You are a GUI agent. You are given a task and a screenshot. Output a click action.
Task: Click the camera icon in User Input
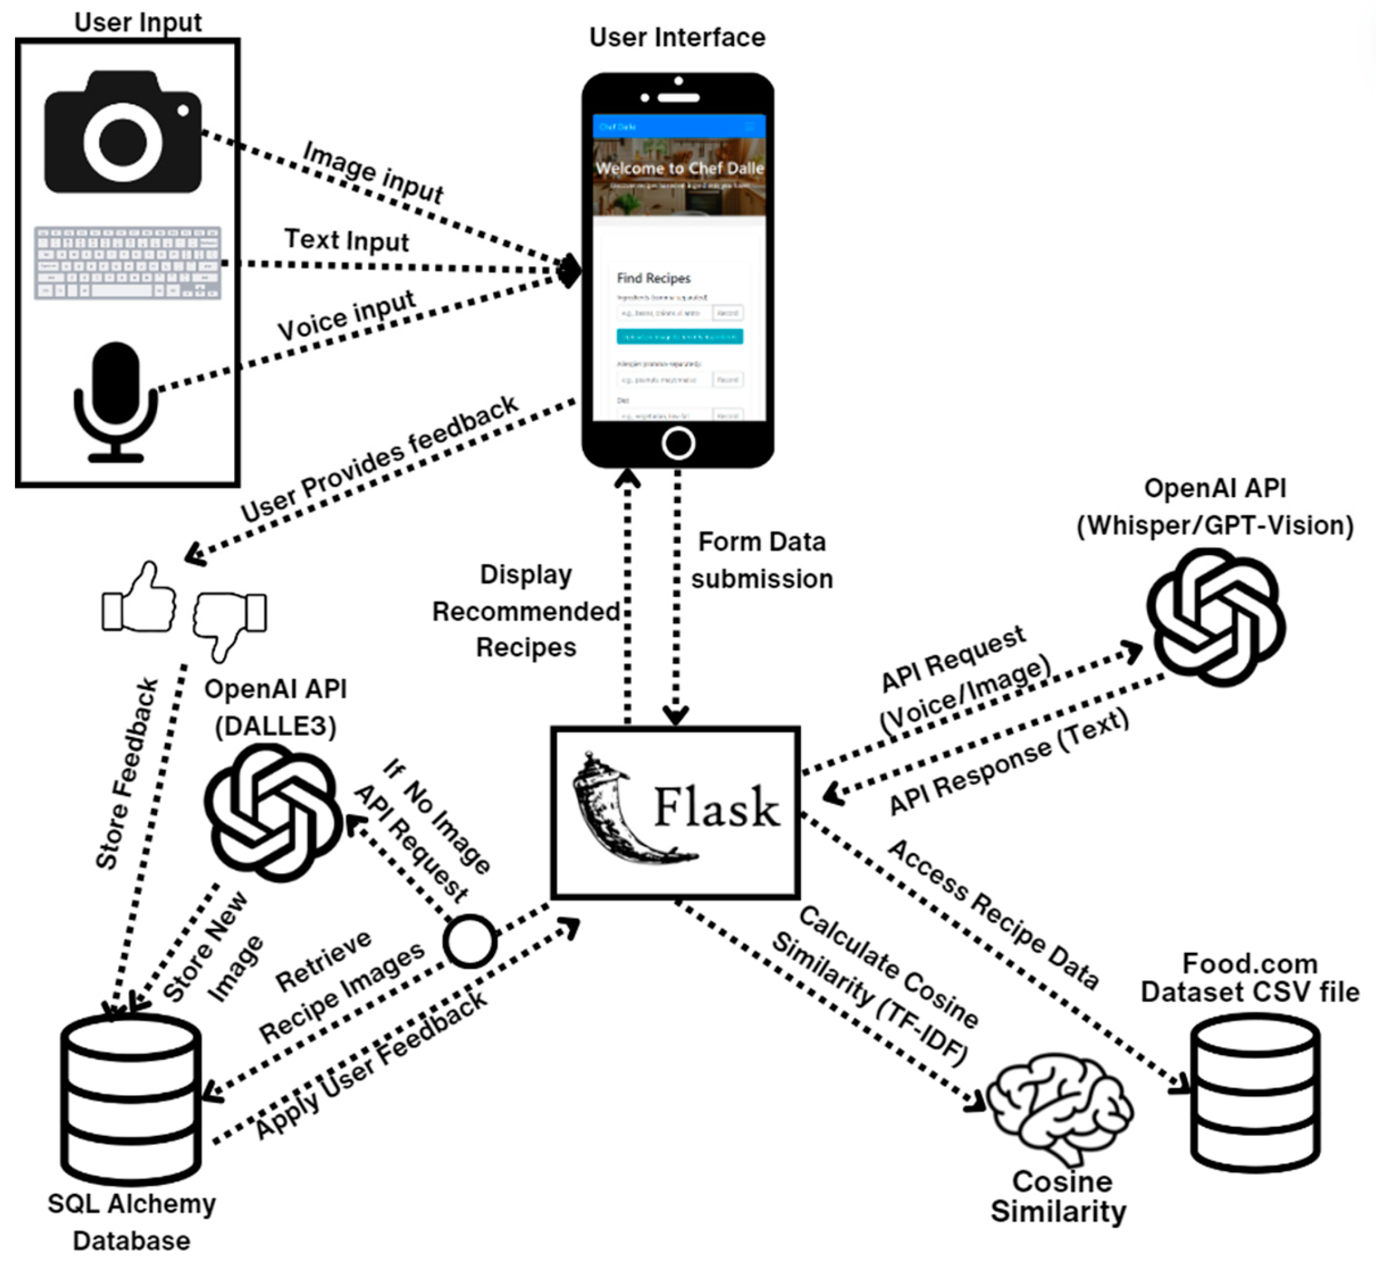click(123, 133)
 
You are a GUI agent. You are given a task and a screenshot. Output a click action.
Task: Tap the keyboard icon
click(128, 263)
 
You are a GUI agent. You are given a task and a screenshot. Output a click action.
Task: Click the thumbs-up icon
click(140, 598)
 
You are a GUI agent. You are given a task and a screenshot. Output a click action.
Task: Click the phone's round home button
click(678, 443)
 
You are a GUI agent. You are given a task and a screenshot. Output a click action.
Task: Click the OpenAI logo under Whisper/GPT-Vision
click(1216, 618)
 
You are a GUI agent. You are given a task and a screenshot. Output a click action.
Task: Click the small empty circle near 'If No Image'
click(470, 941)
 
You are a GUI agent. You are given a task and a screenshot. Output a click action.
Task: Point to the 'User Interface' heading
click(677, 37)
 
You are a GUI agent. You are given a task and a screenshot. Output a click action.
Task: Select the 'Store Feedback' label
click(127, 774)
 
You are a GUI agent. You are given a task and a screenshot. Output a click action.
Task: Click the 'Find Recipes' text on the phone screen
click(654, 278)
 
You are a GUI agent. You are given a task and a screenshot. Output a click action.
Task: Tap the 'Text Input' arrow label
click(346, 241)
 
